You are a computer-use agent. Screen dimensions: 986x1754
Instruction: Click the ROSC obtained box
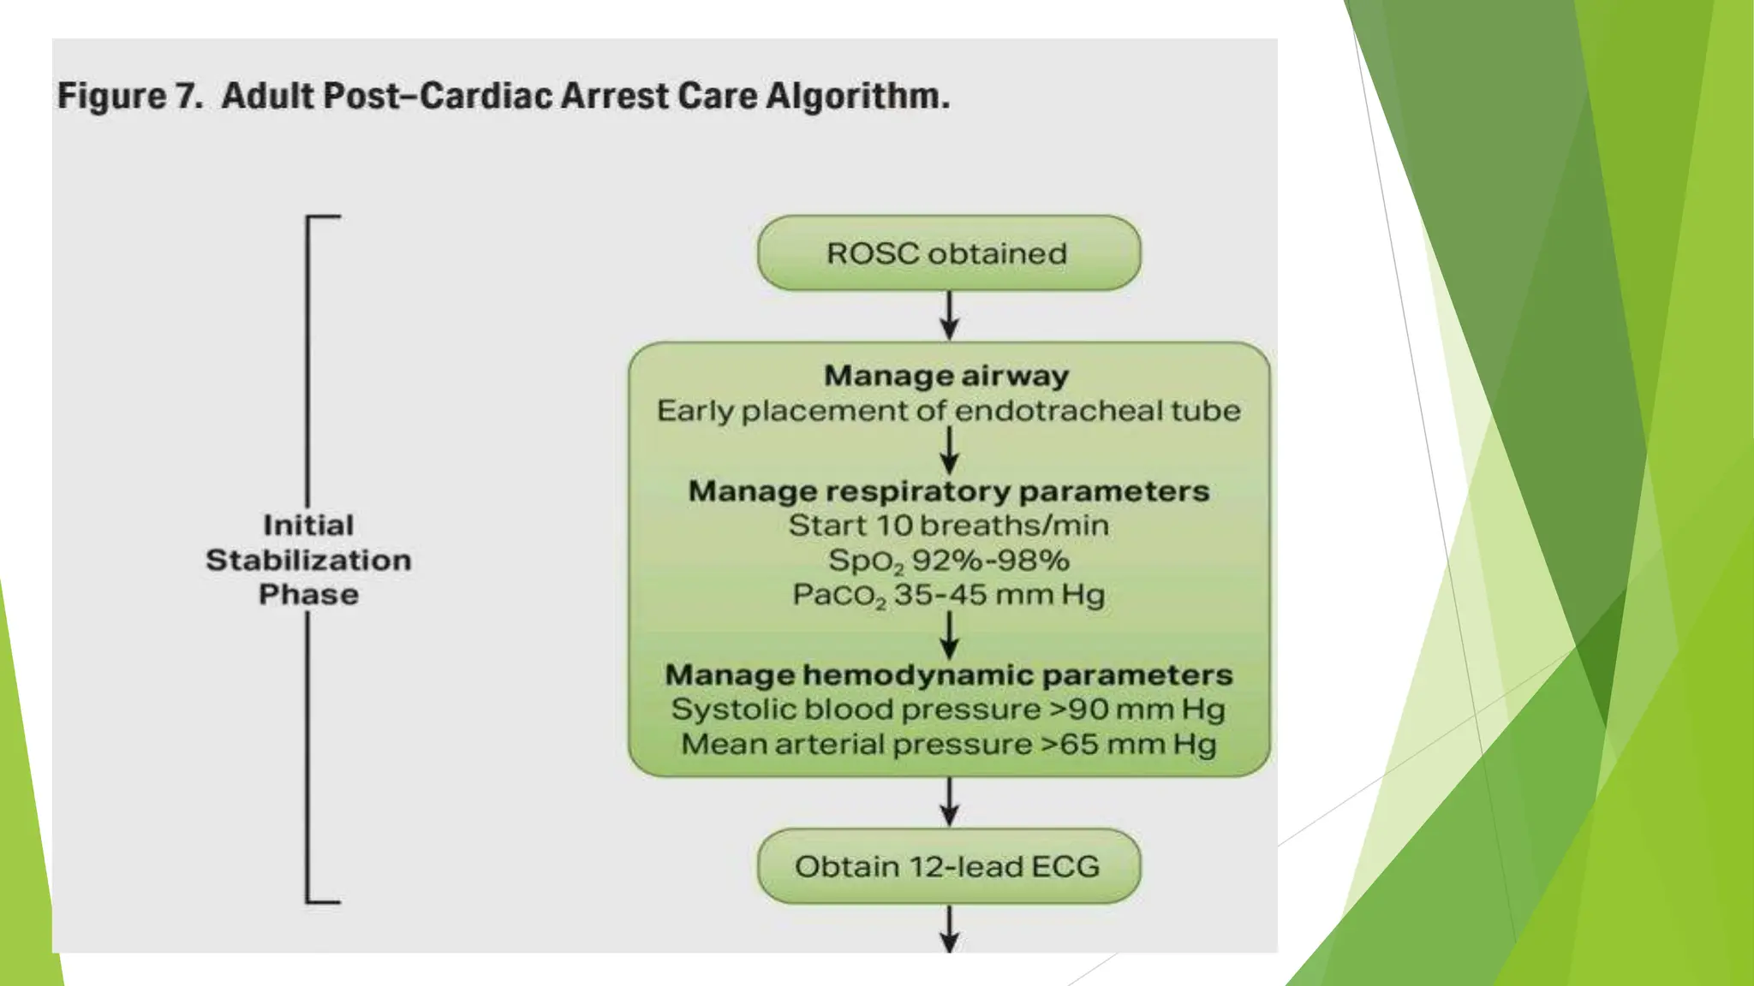[948, 253]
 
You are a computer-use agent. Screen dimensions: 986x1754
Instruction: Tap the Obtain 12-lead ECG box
[948, 866]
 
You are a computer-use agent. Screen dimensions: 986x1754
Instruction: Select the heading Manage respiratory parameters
[948, 491]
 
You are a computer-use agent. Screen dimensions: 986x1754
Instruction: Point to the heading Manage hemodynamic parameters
[948, 675]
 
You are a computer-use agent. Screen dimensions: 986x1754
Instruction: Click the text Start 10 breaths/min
[948, 526]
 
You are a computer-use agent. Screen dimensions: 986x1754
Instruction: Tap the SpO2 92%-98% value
[948, 561]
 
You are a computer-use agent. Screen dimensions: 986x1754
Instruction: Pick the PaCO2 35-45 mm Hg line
[948, 596]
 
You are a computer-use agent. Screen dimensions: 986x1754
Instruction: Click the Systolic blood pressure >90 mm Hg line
[948, 710]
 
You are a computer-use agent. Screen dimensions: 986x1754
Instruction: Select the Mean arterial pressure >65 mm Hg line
[948, 745]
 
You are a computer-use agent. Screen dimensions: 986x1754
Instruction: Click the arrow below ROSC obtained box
[949, 316]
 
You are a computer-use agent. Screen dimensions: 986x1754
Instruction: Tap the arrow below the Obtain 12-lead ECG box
[949, 930]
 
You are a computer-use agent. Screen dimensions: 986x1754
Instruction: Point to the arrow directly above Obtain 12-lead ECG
[949, 802]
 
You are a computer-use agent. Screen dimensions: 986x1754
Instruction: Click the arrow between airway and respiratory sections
[949, 450]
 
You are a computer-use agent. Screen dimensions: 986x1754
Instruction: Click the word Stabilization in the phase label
[308, 561]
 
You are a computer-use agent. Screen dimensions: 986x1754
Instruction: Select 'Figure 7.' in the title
[129, 96]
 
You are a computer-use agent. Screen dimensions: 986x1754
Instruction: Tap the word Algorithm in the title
[856, 96]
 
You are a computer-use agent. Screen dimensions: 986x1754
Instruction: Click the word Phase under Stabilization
[308, 595]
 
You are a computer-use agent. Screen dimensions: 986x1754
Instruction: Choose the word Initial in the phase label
[308, 526]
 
